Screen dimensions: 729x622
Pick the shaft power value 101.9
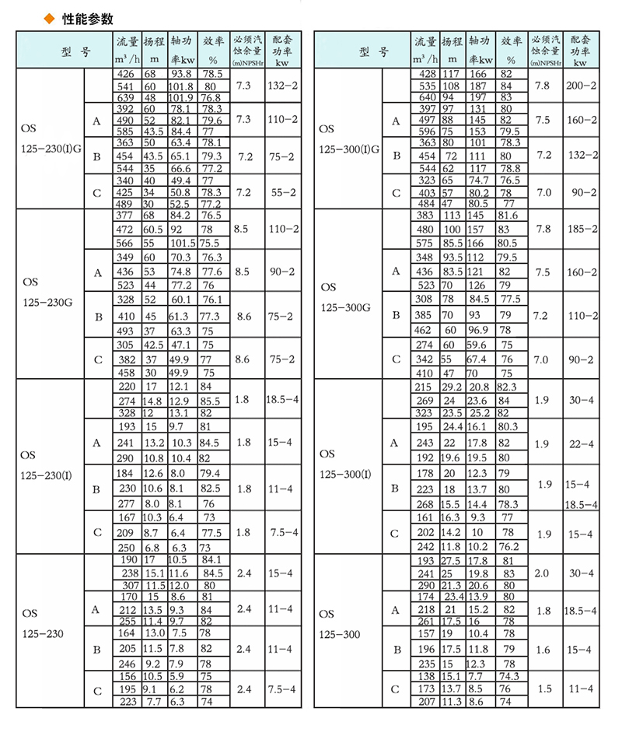(180, 97)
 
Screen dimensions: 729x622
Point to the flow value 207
(425, 701)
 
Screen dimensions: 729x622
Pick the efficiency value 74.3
(508, 676)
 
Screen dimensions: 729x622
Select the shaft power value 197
(475, 97)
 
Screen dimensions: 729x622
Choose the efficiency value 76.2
(508, 545)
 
